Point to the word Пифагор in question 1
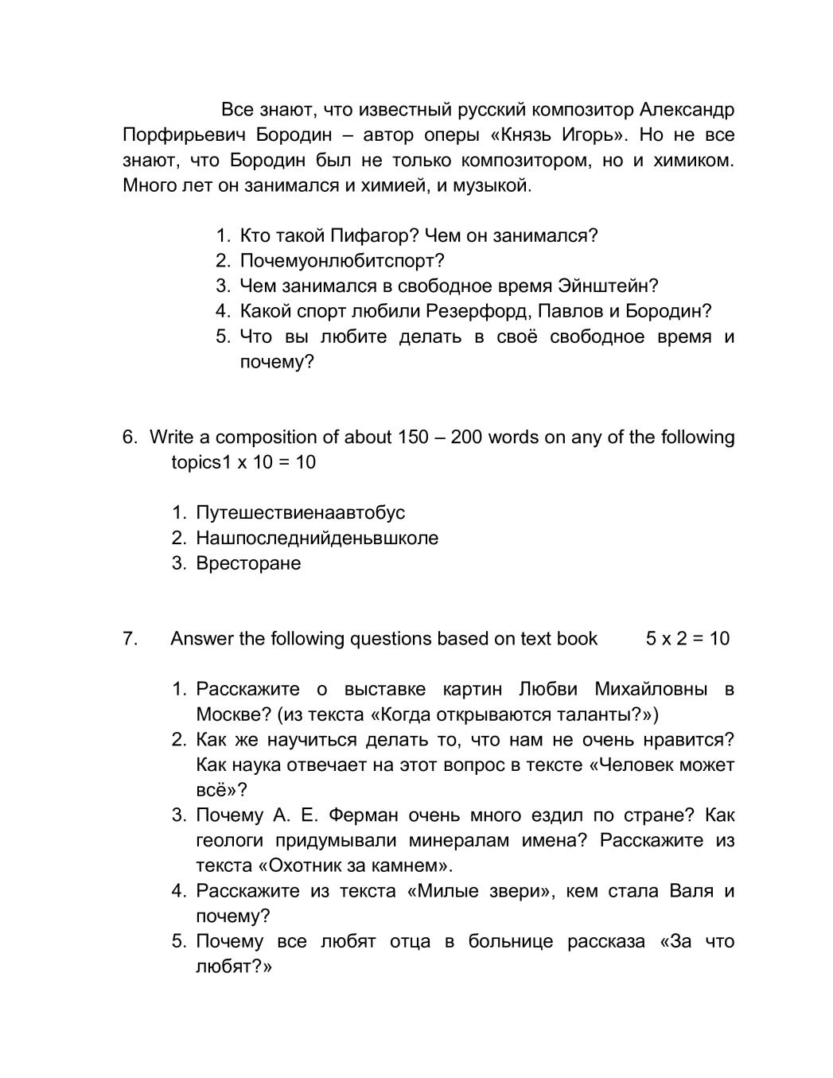click(374, 235)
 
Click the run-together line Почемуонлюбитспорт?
click(342, 261)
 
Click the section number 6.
click(130, 437)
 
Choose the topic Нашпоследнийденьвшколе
click(317, 538)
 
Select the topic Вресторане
click(248, 563)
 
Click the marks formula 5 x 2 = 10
click(687, 639)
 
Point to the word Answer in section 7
click(201, 639)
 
